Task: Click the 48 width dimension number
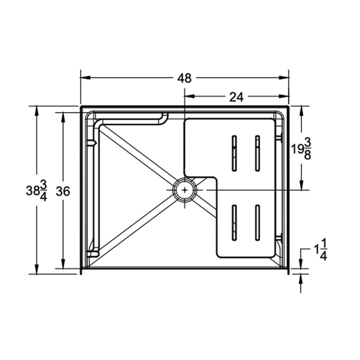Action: click(184, 78)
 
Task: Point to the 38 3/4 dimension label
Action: click(36, 191)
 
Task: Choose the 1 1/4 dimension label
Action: click(321, 249)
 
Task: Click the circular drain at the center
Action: click(184, 189)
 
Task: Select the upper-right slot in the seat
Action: click(257, 153)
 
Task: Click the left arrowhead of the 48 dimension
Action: click(84, 78)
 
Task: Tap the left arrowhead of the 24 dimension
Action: click(188, 96)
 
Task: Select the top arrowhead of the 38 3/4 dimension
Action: click(36, 110)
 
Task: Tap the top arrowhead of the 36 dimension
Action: click(63, 115)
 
